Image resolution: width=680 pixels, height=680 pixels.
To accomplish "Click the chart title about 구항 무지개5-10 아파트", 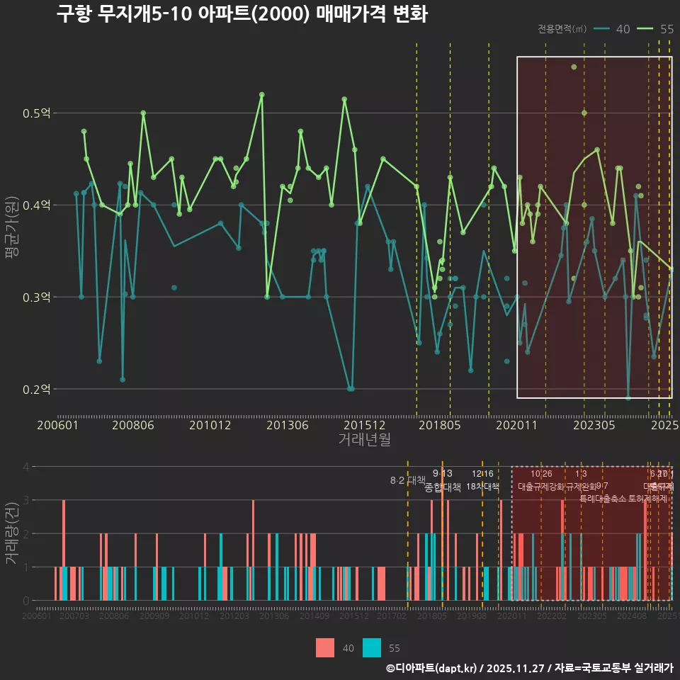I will tap(242, 14).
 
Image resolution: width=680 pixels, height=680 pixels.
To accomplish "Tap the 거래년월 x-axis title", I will tap(364, 440).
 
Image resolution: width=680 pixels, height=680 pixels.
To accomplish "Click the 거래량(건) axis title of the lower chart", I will tap(12, 533).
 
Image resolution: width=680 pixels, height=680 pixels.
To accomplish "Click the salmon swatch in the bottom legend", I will tap(325, 647).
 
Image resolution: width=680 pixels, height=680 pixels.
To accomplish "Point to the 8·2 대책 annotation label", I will tap(407, 480).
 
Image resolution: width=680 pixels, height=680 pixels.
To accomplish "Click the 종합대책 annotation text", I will tap(442, 487).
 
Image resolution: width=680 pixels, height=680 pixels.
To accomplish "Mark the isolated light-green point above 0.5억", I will tap(574, 67).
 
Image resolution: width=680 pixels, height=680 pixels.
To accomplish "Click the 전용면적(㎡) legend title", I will tap(562, 29).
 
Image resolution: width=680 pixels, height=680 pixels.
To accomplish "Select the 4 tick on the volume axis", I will tap(25, 467).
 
